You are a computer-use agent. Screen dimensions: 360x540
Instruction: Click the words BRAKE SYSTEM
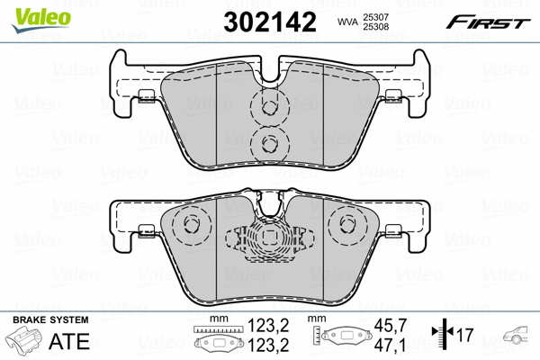click(50, 319)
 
